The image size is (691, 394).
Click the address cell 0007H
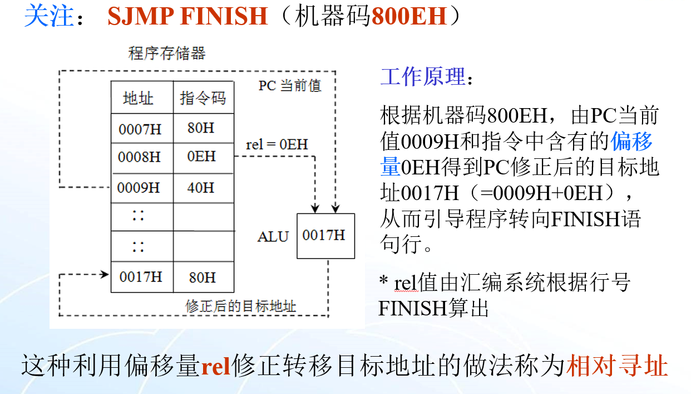[x=140, y=129]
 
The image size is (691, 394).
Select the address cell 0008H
[x=140, y=158]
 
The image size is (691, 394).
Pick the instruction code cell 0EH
[x=201, y=157]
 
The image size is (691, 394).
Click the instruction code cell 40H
[x=201, y=188]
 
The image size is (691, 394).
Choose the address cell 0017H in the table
[x=141, y=277]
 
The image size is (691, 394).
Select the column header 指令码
[x=203, y=99]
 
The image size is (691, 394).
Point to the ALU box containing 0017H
[x=325, y=236]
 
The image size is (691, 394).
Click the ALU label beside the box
[x=273, y=237]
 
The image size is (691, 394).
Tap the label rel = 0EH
[x=277, y=145]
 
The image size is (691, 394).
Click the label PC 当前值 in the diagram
[x=290, y=86]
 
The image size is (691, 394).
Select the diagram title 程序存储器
[x=167, y=53]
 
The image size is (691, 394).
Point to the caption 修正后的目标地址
[x=240, y=306]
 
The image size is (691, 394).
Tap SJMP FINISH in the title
[x=187, y=17]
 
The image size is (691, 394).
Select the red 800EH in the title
[x=409, y=17]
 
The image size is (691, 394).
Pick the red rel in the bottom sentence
[x=216, y=368]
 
